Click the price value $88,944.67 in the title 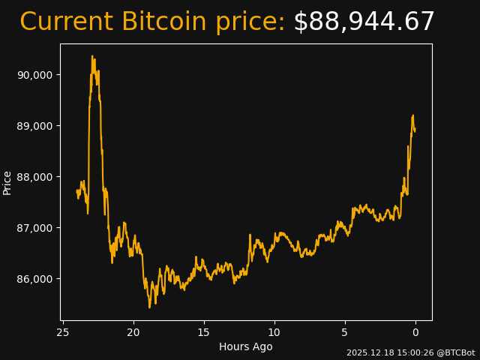tap(364, 22)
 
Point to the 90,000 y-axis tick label tap(34, 75)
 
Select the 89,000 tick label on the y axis tap(34, 126)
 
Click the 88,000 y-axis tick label tap(34, 177)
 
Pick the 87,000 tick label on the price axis tap(34, 228)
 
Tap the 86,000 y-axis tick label tap(34, 279)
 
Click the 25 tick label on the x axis tap(63, 332)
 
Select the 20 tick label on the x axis tap(133, 332)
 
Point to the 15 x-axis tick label tap(204, 332)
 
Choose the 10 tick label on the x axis tap(274, 332)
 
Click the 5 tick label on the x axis tap(345, 332)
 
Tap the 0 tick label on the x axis tap(415, 332)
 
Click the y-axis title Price tap(7, 182)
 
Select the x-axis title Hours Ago tap(246, 346)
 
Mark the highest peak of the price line tap(92, 55)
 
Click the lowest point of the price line tap(149, 307)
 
